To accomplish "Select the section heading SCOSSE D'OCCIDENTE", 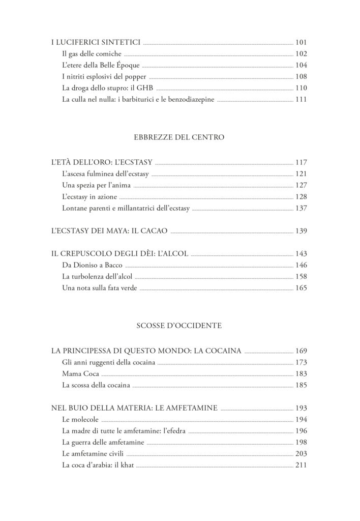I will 179,326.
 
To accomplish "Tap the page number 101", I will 302,42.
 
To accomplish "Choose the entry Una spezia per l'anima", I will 95,186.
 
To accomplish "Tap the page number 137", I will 302,208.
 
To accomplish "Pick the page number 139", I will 302,231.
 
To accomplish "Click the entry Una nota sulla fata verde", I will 100,288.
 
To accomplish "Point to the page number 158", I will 302,277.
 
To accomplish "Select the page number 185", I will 302,385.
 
